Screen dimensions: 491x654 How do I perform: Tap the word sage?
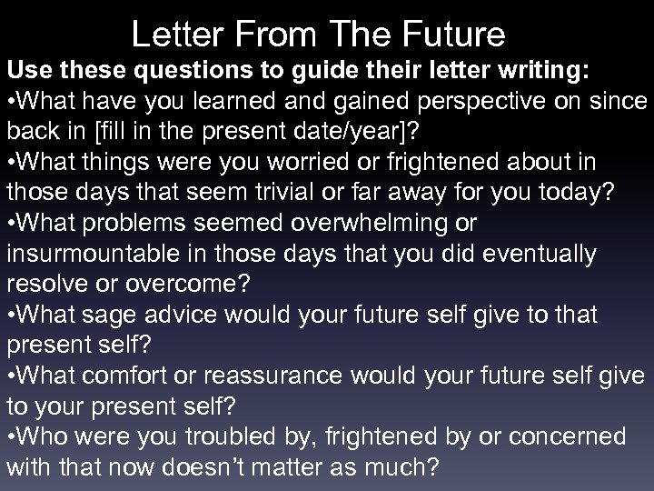coord(110,315)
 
